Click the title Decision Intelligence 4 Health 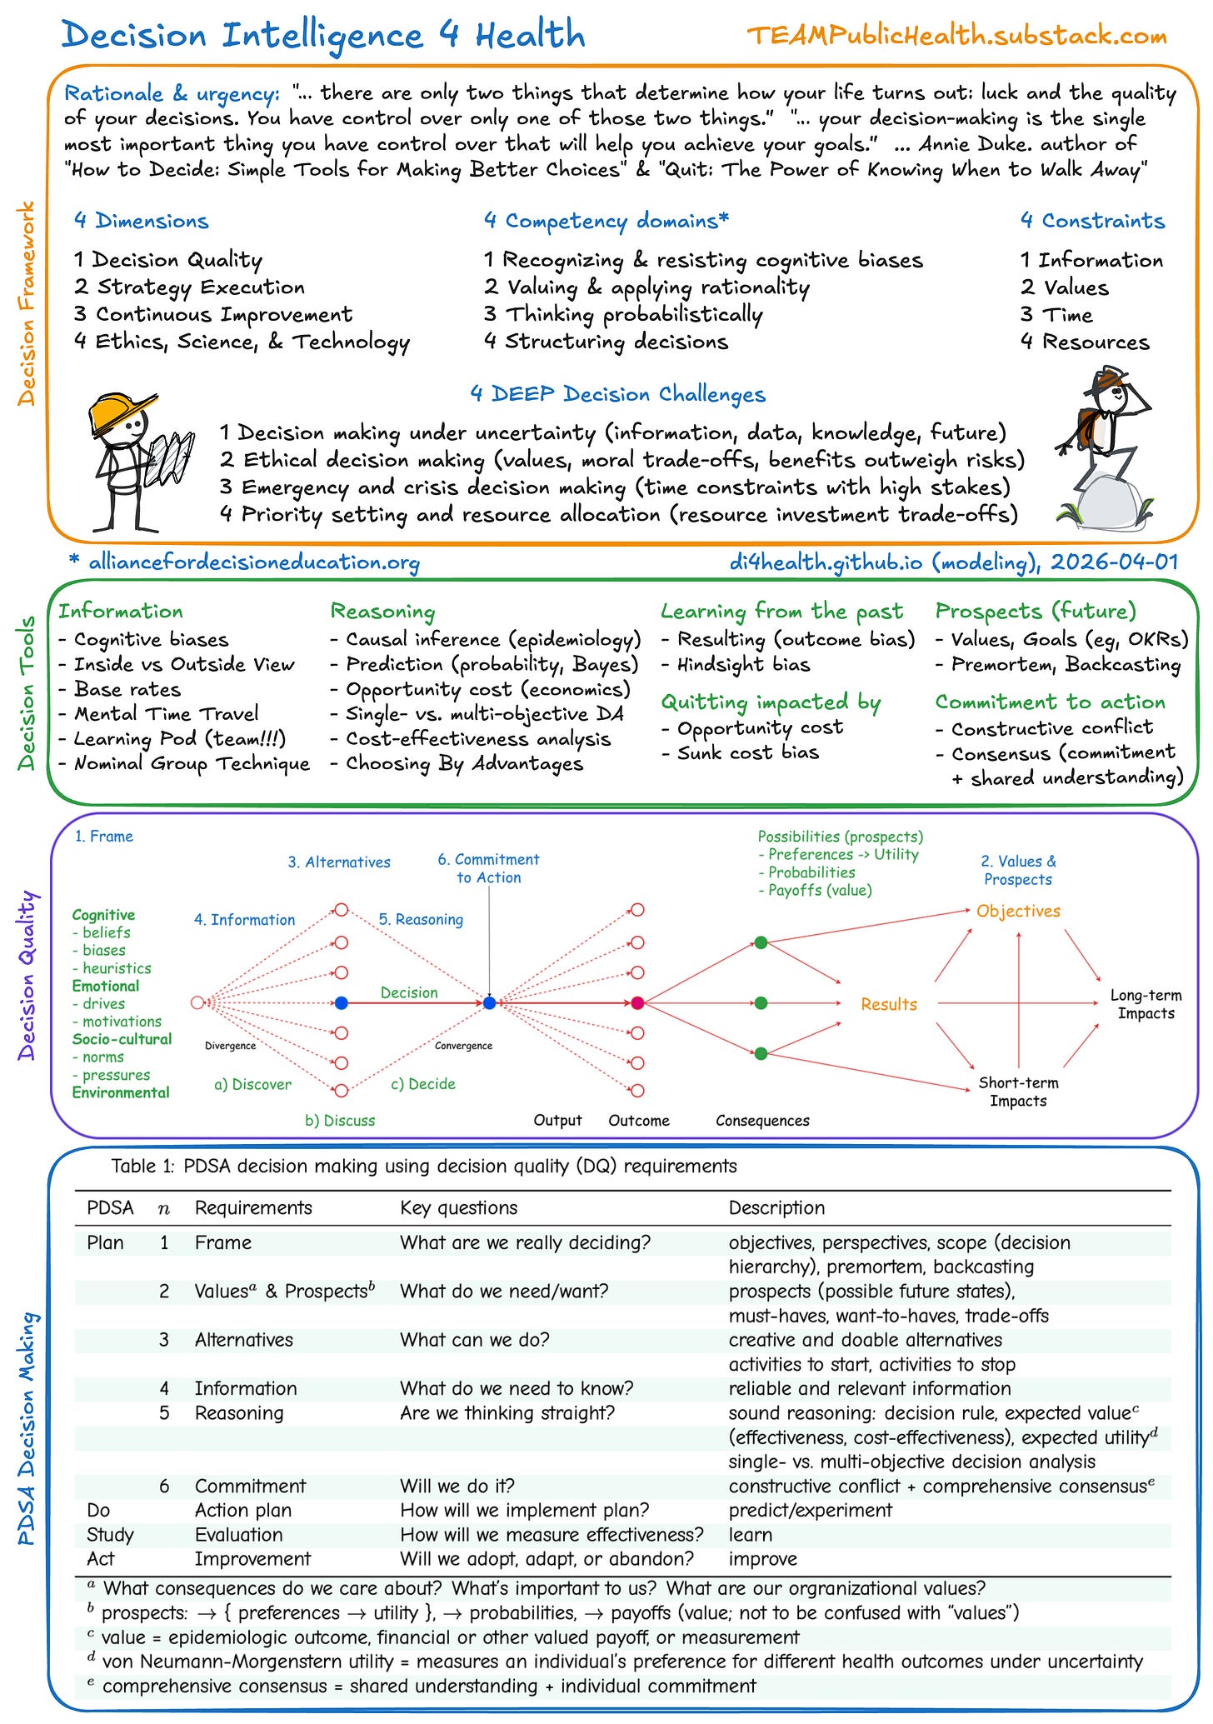pyautogui.click(x=323, y=35)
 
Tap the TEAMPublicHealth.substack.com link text pyautogui.click(x=956, y=36)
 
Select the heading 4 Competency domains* pyautogui.click(x=606, y=221)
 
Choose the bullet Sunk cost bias pyautogui.click(x=747, y=752)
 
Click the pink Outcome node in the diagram pyautogui.click(x=637, y=1002)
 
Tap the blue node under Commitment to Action pyautogui.click(x=490, y=1002)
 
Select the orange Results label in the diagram pyautogui.click(x=889, y=1005)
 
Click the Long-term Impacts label pyautogui.click(x=1146, y=1004)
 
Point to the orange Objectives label pyautogui.click(x=1018, y=911)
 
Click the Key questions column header pyautogui.click(x=458, y=1208)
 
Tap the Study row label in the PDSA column pyautogui.click(x=110, y=1535)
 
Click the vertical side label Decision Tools pyautogui.click(x=27, y=693)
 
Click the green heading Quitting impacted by pyautogui.click(x=771, y=702)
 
